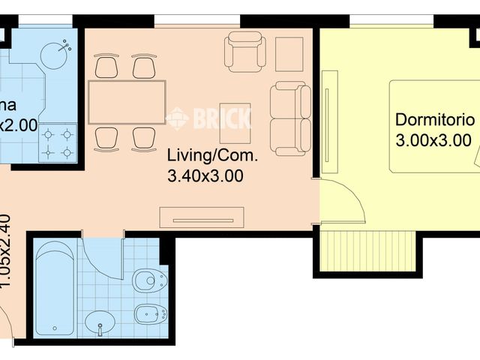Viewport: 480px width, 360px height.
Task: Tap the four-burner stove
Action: (x=58, y=143)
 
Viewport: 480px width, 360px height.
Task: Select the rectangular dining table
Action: (x=126, y=102)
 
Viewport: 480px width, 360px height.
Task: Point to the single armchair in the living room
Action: (x=245, y=52)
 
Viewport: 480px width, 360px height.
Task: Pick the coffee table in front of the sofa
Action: (x=235, y=121)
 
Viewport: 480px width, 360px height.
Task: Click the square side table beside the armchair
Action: (x=289, y=52)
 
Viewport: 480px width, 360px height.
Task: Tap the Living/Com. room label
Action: (x=211, y=157)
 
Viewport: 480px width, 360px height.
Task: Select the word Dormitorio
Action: (x=434, y=120)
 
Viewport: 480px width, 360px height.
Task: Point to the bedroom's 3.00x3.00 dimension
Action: (x=433, y=139)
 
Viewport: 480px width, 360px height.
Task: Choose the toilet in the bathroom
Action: (x=148, y=282)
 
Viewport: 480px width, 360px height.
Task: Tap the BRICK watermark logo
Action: (x=210, y=118)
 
